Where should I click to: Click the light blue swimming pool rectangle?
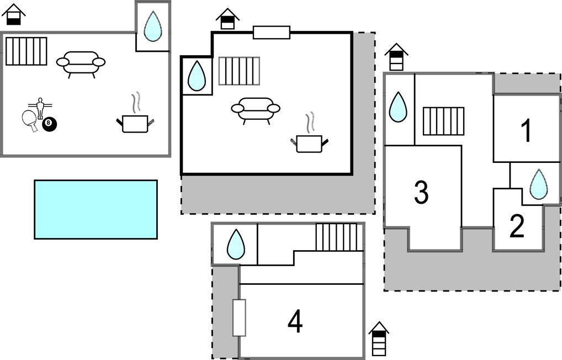(96, 209)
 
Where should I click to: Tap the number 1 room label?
(526, 131)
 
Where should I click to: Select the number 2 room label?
(517, 226)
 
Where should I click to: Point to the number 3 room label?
(421, 192)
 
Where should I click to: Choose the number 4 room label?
(295, 321)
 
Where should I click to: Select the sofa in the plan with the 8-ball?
(81, 63)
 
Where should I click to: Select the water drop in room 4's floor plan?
(236, 244)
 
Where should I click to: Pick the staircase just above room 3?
(443, 121)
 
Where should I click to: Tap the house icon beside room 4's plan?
(379, 338)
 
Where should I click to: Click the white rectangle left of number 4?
(239, 317)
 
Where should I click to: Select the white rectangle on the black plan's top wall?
(271, 33)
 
